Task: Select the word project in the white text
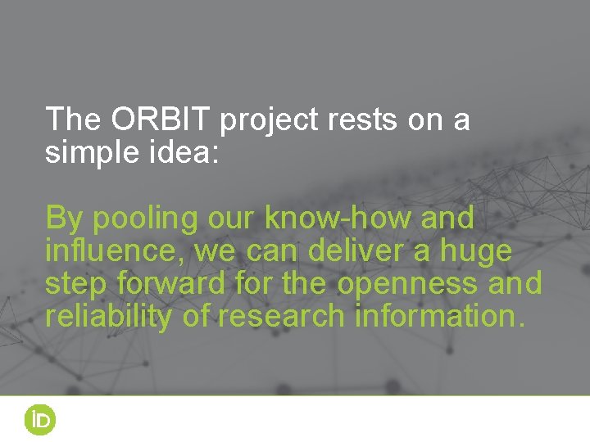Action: coord(269,121)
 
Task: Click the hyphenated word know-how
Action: coord(331,219)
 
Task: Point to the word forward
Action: coord(170,283)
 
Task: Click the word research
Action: coord(282,316)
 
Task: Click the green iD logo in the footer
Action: coord(39,420)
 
